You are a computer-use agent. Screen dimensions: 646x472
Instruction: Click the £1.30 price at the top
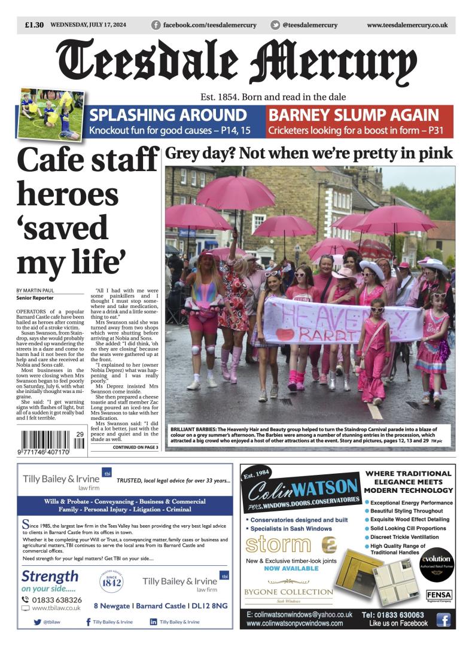click(x=34, y=25)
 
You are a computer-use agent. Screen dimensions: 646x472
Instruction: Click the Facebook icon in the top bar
click(x=156, y=25)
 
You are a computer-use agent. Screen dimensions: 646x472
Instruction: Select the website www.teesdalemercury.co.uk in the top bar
click(x=407, y=25)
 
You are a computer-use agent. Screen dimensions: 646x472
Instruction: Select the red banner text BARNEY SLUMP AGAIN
click(x=353, y=115)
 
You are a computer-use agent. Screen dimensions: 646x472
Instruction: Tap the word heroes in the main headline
click(x=68, y=195)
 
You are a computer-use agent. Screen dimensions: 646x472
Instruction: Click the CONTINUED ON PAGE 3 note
click(x=135, y=447)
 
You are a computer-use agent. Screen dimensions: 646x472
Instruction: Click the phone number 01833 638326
click(x=57, y=599)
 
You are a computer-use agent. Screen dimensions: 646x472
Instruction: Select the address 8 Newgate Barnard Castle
click(x=160, y=606)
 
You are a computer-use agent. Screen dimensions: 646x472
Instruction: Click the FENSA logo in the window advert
click(x=439, y=595)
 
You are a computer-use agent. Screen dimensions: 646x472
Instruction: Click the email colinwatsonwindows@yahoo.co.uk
click(x=299, y=614)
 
